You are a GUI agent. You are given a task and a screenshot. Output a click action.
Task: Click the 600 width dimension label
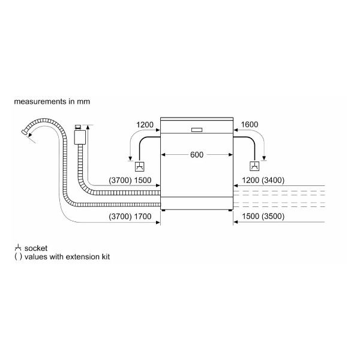[197, 155]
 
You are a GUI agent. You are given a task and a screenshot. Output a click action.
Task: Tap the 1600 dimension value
[250, 124]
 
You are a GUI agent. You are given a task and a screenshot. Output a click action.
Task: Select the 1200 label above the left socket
[145, 125]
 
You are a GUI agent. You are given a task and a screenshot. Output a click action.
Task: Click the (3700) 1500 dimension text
[130, 180]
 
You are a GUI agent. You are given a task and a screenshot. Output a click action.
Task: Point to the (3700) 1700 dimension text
[130, 216]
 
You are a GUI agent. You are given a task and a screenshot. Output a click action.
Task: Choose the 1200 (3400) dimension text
[263, 180]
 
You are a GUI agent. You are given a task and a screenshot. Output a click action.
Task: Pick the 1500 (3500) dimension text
[263, 216]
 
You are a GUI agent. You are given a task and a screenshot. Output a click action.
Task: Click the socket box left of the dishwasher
[140, 166]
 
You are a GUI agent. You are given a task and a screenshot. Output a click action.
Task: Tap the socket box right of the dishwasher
[254, 166]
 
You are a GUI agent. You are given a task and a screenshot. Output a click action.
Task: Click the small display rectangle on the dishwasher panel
[197, 130]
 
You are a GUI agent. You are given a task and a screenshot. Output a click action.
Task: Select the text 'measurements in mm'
[52, 101]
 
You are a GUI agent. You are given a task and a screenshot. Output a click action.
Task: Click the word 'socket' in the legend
[36, 248]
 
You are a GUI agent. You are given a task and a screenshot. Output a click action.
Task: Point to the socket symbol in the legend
[18, 248]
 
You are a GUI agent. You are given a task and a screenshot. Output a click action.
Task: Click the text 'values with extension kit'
[67, 257]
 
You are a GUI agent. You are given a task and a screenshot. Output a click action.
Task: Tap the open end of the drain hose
[24, 132]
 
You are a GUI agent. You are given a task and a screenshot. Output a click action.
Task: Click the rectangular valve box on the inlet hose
[80, 137]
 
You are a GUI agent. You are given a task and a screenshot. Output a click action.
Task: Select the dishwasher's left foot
[163, 210]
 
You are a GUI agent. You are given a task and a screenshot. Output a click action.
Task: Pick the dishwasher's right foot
[230, 210]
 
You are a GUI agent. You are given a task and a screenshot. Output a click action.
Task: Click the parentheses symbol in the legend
[18, 257]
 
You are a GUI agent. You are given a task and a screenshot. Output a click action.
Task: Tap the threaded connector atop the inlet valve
[78, 127]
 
